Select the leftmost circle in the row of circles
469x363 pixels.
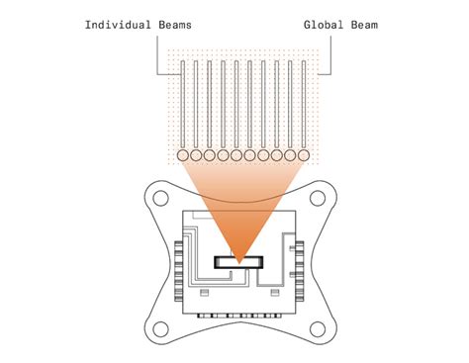(183, 155)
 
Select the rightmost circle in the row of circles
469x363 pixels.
(304, 155)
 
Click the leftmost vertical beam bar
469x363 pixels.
(183, 105)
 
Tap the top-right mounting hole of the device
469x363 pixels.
(319, 198)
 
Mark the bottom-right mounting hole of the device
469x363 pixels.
(319, 326)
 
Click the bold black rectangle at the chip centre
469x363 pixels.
(239, 262)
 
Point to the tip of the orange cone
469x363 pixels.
(239, 258)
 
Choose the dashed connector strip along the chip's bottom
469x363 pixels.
(238, 318)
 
